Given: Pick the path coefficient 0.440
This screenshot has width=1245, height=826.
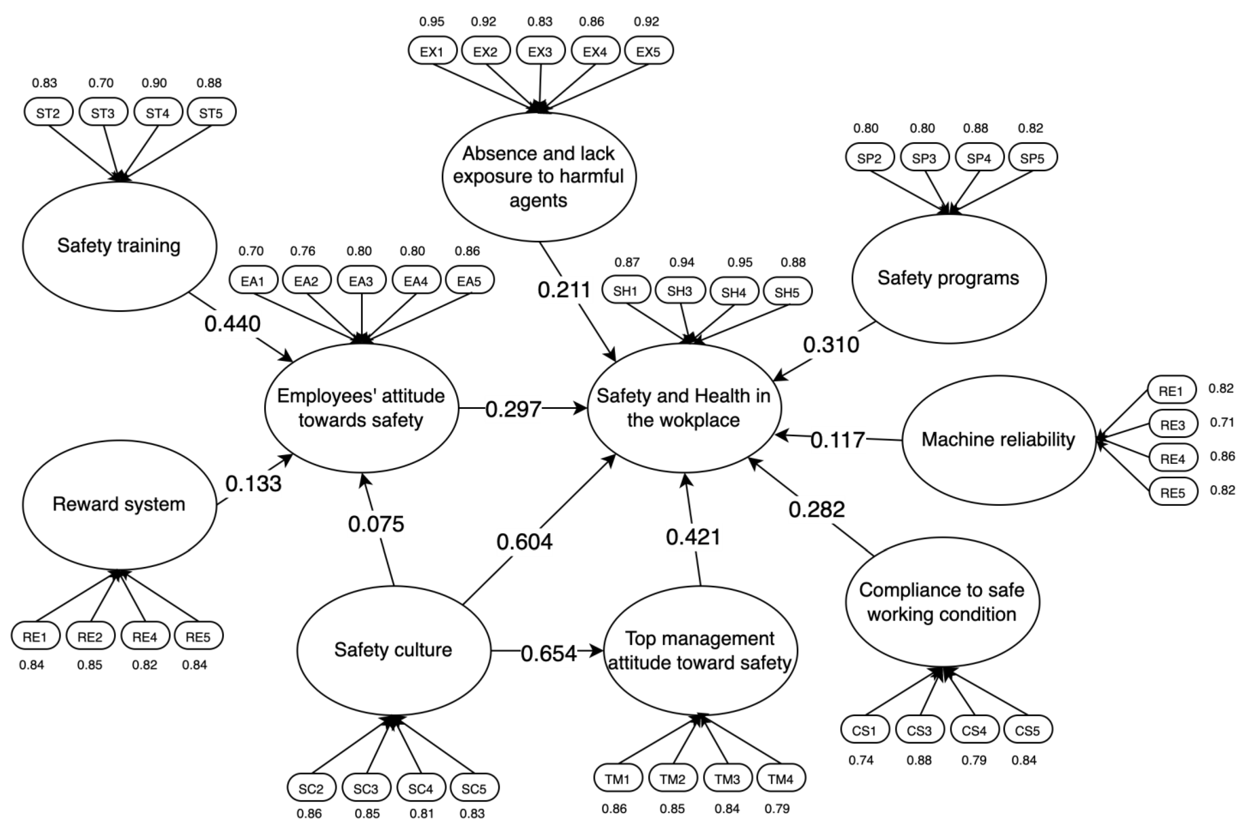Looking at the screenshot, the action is pos(232,323).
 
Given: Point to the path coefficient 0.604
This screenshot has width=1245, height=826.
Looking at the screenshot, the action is pos(525,541).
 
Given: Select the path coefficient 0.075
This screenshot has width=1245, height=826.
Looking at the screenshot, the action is pos(376,524).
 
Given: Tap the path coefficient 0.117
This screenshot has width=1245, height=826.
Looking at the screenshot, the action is pos(837,440).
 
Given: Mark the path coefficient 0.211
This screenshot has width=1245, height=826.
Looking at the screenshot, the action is pos(564,290).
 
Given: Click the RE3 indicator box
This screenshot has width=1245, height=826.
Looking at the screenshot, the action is pos(1173,424).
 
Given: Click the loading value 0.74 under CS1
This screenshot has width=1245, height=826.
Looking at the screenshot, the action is pos(861,760).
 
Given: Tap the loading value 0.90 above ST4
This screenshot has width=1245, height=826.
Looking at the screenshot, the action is pos(154,83).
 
